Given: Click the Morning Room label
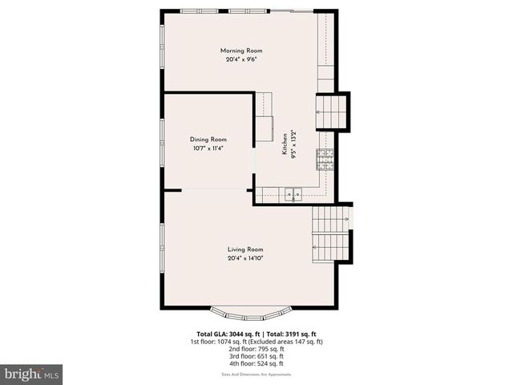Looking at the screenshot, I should click(241, 51).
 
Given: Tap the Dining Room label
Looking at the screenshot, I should click(208, 140).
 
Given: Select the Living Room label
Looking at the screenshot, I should click(245, 249).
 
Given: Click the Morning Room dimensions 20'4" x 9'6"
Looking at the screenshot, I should click(241, 59).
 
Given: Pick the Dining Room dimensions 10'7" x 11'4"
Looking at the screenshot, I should click(208, 148).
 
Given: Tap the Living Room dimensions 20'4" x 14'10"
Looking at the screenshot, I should click(245, 258).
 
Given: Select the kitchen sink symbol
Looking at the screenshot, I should click(293, 193).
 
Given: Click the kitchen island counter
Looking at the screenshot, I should click(265, 116).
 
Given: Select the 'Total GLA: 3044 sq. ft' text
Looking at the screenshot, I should click(225, 334).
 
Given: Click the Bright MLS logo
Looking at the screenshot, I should click(32, 374).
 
